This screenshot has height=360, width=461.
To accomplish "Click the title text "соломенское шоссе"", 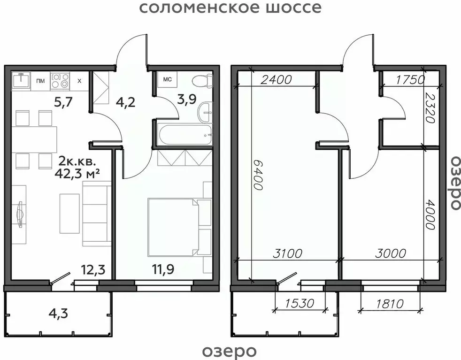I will pyautogui.click(x=230, y=8).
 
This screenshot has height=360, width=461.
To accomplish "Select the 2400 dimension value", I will pyautogui.click(x=277, y=79).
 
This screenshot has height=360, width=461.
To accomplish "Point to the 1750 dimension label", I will pyautogui.click(x=409, y=79).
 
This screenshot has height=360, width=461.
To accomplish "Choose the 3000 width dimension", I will pyautogui.click(x=391, y=253).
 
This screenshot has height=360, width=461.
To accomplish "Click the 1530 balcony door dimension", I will pyautogui.click(x=300, y=304).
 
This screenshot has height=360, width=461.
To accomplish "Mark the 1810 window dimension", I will pyautogui.click(x=389, y=304).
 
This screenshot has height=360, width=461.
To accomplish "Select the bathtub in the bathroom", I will pyautogui.click(x=183, y=136).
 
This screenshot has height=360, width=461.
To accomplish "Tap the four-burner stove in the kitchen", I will pyautogui.click(x=60, y=81).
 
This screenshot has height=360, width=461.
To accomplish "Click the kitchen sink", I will pyautogui.click(x=21, y=80).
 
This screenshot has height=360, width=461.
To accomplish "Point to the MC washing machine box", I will pyautogui.click(x=167, y=79).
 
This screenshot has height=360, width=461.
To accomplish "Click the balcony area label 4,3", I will pyautogui.click(x=59, y=313).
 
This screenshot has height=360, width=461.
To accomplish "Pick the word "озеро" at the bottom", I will pyautogui.click(x=230, y=351).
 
